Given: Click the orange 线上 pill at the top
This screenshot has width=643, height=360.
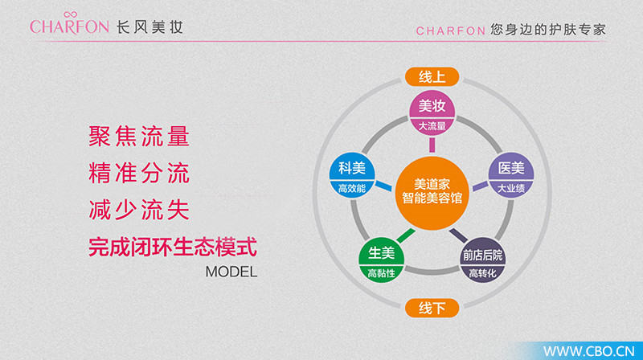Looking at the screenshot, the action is pos(432,76).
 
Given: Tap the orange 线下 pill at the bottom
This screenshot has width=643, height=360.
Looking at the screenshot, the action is pos(432,308).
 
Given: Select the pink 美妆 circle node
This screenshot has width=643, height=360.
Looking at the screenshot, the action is pos(432,112).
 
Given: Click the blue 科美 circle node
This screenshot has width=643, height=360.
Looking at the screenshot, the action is pos(352,175).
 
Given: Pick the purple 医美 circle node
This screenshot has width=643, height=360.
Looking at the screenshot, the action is pos(511,175).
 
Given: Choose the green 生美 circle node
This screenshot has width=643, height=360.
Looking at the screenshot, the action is pos(381,260).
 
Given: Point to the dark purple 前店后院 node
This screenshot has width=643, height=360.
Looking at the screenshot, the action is pos(483,260).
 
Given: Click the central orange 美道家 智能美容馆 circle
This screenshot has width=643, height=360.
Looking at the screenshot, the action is pos(432,193).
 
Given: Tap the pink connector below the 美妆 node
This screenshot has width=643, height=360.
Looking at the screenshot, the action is pos(432,145).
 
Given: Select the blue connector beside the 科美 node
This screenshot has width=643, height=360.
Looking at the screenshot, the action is pos(384,186).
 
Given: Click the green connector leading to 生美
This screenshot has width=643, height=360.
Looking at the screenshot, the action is pos(406,235).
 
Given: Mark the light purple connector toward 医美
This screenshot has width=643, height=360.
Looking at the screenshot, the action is pos(480,186).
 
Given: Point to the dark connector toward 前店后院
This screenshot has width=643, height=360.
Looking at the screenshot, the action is pos(458,235).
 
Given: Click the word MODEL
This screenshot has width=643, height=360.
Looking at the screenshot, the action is pos(231,272).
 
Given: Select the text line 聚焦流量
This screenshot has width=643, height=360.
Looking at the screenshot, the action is pos(139,136).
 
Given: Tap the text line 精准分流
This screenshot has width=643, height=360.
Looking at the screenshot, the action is pos(139,173).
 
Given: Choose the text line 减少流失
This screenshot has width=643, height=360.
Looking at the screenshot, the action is pos(139,210).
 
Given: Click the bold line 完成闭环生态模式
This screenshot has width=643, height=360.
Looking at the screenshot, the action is pos(173,247).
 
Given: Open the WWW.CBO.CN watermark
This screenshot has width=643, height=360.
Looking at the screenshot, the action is pos(588,351).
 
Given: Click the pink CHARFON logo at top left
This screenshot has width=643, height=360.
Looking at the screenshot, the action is pos(69,24).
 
